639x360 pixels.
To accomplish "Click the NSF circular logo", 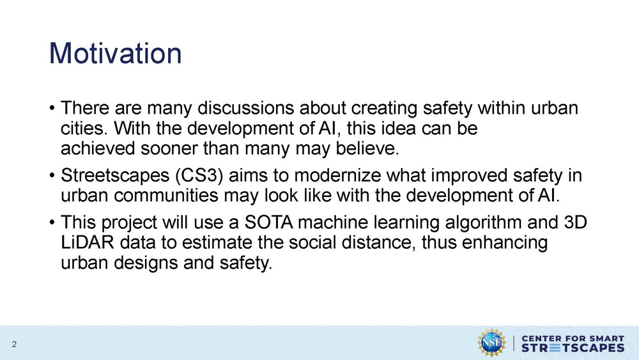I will [x=492, y=343].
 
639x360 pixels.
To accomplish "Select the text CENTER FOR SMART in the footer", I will [x=573, y=337].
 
